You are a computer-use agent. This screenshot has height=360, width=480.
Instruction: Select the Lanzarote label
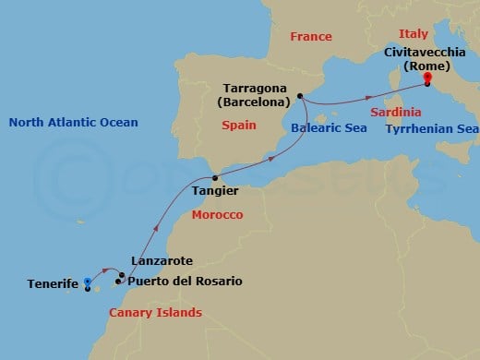(x=162, y=261)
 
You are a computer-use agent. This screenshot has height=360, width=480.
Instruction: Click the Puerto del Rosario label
(x=185, y=281)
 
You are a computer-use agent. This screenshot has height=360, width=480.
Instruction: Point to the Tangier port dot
(x=215, y=177)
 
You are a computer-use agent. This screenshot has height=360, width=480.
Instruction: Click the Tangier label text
(x=215, y=191)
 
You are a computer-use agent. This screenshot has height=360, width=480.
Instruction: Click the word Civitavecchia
(x=426, y=53)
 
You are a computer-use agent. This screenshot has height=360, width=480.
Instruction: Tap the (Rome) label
(x=426, y=66)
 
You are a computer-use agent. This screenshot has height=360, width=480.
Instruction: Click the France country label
(x=310, y=37)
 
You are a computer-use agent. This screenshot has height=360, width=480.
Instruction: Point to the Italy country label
(x=415, y=32)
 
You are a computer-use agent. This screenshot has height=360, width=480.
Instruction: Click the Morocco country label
(x=216, y=214)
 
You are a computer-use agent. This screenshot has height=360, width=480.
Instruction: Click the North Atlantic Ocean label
(x=72, y=122)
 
